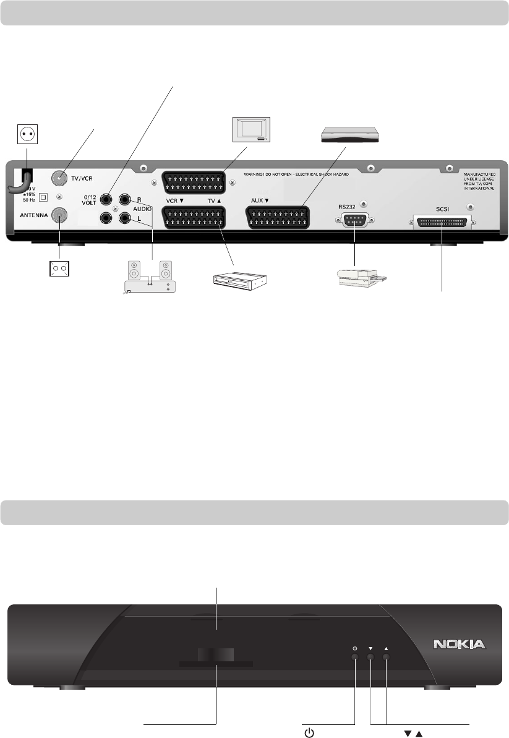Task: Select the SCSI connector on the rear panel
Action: [442, 221]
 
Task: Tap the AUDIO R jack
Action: [125, 199]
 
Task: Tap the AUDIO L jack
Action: [125, 218]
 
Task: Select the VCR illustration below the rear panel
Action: [239, 281]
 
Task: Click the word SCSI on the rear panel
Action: [442, 210]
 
